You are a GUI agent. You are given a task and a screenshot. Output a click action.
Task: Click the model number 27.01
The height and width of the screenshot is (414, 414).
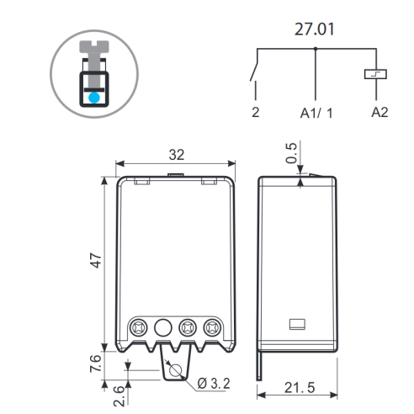click(x=315, y=29)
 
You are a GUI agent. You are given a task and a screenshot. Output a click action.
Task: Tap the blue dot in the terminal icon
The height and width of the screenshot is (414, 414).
click(x=94, y=98)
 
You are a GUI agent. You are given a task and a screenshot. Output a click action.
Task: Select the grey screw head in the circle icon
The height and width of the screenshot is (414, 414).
click(x=94, y=46)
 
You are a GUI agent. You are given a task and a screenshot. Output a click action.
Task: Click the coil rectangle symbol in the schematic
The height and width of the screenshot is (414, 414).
click(x=375, y=74)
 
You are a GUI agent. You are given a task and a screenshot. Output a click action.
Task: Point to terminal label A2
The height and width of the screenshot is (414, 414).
click(x=379, y=112)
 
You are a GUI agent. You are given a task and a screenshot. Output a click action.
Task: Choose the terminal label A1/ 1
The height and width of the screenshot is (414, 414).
click(x=316, y=113)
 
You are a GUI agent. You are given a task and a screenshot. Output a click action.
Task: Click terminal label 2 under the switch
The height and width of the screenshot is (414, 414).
click(x=256, y=112)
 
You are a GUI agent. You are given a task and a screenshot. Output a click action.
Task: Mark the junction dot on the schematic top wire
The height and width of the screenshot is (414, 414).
click(x=316, y=49)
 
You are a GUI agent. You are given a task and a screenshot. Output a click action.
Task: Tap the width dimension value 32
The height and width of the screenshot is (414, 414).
click(x=177, y=155)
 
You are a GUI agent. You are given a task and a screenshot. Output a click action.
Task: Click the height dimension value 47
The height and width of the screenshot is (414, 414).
click(x=96, y=261)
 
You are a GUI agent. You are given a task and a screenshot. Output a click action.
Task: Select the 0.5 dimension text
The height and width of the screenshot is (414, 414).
click(x=291, y=153)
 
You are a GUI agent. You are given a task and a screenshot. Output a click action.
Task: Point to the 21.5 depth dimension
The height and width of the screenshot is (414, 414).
click(x=300, y=388)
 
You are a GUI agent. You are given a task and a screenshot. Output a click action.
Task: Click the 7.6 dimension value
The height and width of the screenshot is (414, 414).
click(x=96, y=364)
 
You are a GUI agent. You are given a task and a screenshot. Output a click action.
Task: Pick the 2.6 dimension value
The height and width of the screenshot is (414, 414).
click(x=119, y=395)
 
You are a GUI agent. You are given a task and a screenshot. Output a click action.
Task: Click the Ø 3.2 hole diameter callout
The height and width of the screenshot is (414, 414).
click(x=214, y=383)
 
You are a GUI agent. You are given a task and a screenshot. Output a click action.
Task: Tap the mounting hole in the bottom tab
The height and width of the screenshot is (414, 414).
click(x=176, y=370)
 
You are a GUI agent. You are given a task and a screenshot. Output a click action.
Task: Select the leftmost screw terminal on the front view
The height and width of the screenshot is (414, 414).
click(x=139, y=327)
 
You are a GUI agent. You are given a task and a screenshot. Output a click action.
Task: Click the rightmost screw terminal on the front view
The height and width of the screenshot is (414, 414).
click(x=212, y=327)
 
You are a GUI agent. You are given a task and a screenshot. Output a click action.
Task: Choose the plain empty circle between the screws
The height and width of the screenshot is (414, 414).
click(x=163, y=327)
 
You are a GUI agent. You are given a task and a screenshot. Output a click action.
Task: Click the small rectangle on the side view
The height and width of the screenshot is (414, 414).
click(x=297, y=324)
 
